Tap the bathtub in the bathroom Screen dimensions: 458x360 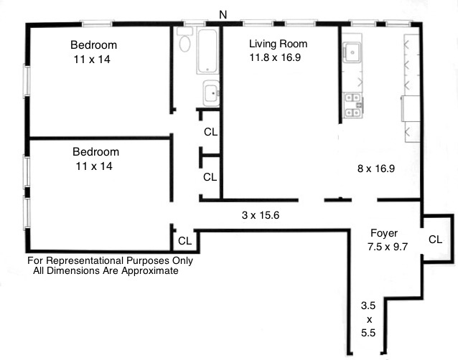tap(209, 52)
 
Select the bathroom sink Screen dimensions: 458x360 tap(210, 93)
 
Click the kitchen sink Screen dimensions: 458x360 tap(352, 52)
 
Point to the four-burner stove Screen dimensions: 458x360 tap(353, 105)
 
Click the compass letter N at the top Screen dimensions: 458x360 tap(223, 14)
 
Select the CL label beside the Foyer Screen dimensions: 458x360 tap(435, 240)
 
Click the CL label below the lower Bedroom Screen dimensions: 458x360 tap(184, 241)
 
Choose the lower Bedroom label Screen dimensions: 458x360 tap(95, 152)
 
